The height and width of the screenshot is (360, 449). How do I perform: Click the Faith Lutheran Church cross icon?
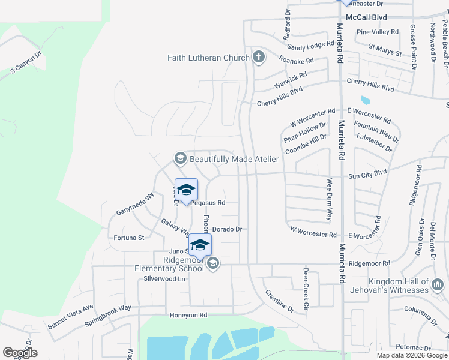pyautogui.click(x=259, y=58)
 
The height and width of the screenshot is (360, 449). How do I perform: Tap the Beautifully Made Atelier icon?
pyautogui.click(x=179, y=158)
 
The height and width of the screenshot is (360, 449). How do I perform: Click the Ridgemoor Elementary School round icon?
pyautogui.click(x=212, y=263)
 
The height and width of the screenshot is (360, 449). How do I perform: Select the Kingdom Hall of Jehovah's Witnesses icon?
pyautogui.click(x=438, y=282)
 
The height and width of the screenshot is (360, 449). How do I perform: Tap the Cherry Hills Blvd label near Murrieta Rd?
pyautogui.click(x=370, y=84)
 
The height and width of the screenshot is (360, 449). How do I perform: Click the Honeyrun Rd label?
pyautogui.click(x=188, y=315)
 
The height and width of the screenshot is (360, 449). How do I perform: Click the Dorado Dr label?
pyautogui.click(x=227, y=229)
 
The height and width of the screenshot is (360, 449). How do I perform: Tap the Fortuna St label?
pyautogui.click(x=129, y=238)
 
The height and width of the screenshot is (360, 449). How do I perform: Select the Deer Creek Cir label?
pyautogui.click(x=305, y=289)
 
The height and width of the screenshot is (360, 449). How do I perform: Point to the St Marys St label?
pyautogui.click(x=385, y=49)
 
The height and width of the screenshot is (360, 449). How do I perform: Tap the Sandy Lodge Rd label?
pyautogui.click(x=310, y=45)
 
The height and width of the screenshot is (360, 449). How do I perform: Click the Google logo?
pyautogui.click(x=20, y=353)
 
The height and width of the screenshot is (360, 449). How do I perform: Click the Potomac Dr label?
pyautogui.click(x=411, y=347)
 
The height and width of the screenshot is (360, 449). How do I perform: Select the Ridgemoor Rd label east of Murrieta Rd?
pyautogui.click(x=369, y=263)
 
